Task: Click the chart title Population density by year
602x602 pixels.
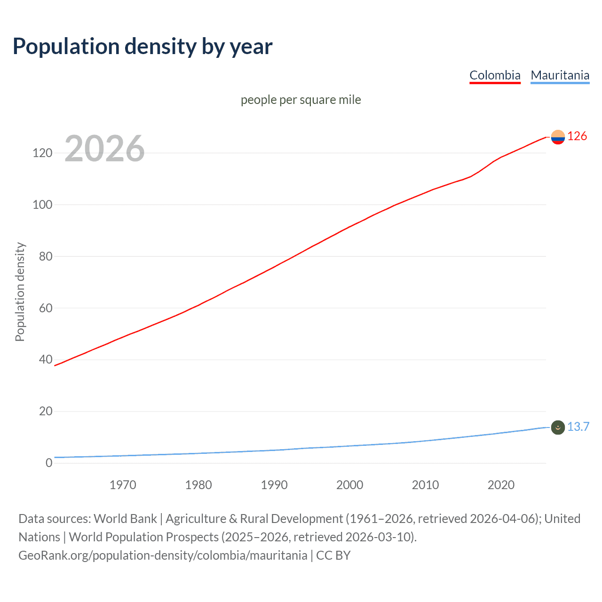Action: (143, 47)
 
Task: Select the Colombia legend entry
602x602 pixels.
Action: (495, 75)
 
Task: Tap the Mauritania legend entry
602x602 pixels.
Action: (560, 75)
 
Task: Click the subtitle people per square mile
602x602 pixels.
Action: (301, 100)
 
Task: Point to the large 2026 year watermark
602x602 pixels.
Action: (104, 149)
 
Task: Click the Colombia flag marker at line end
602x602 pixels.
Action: (558, 137)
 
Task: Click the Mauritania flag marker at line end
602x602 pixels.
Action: (558, 427)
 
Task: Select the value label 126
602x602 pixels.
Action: (577, 136)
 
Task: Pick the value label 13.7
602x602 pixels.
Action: (578, 427)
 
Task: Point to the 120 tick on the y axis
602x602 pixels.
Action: (42, 153)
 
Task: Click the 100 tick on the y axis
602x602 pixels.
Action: (42, 205)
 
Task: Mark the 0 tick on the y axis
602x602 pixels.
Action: (49, 463)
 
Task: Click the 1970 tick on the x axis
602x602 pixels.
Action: (123, 485)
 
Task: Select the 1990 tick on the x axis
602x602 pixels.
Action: (274, 485)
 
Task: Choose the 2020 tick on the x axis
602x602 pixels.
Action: (501, 485)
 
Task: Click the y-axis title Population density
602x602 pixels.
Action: (20, 292)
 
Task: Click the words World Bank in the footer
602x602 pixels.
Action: (125, 519)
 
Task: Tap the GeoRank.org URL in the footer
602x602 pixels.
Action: (163, 555)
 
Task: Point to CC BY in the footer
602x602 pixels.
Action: (333, 555)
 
